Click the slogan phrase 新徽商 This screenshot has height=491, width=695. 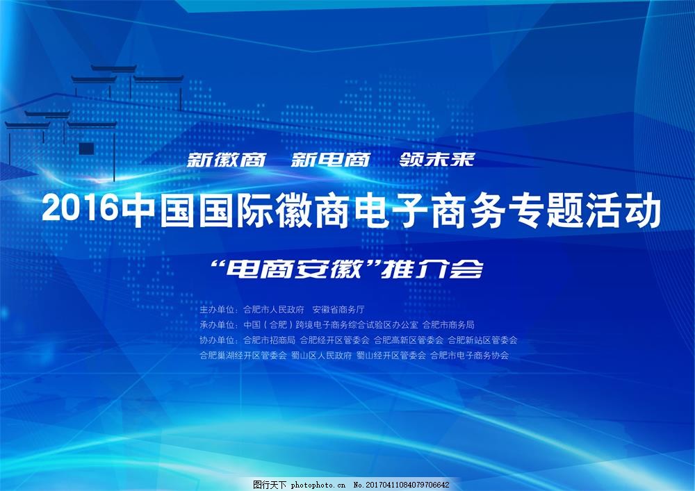227,160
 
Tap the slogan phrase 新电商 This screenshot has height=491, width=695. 329,160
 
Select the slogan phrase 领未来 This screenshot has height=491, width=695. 437,160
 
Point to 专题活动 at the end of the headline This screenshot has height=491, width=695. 603,210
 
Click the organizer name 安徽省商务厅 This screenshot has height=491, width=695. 338,310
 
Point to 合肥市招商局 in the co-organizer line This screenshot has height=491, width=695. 270,340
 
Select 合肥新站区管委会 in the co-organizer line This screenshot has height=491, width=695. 482,340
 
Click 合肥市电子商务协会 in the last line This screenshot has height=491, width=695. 470,356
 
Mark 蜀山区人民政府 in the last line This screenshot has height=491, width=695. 322,356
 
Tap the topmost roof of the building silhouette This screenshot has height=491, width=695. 114,69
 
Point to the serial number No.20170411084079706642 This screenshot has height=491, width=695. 402,484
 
